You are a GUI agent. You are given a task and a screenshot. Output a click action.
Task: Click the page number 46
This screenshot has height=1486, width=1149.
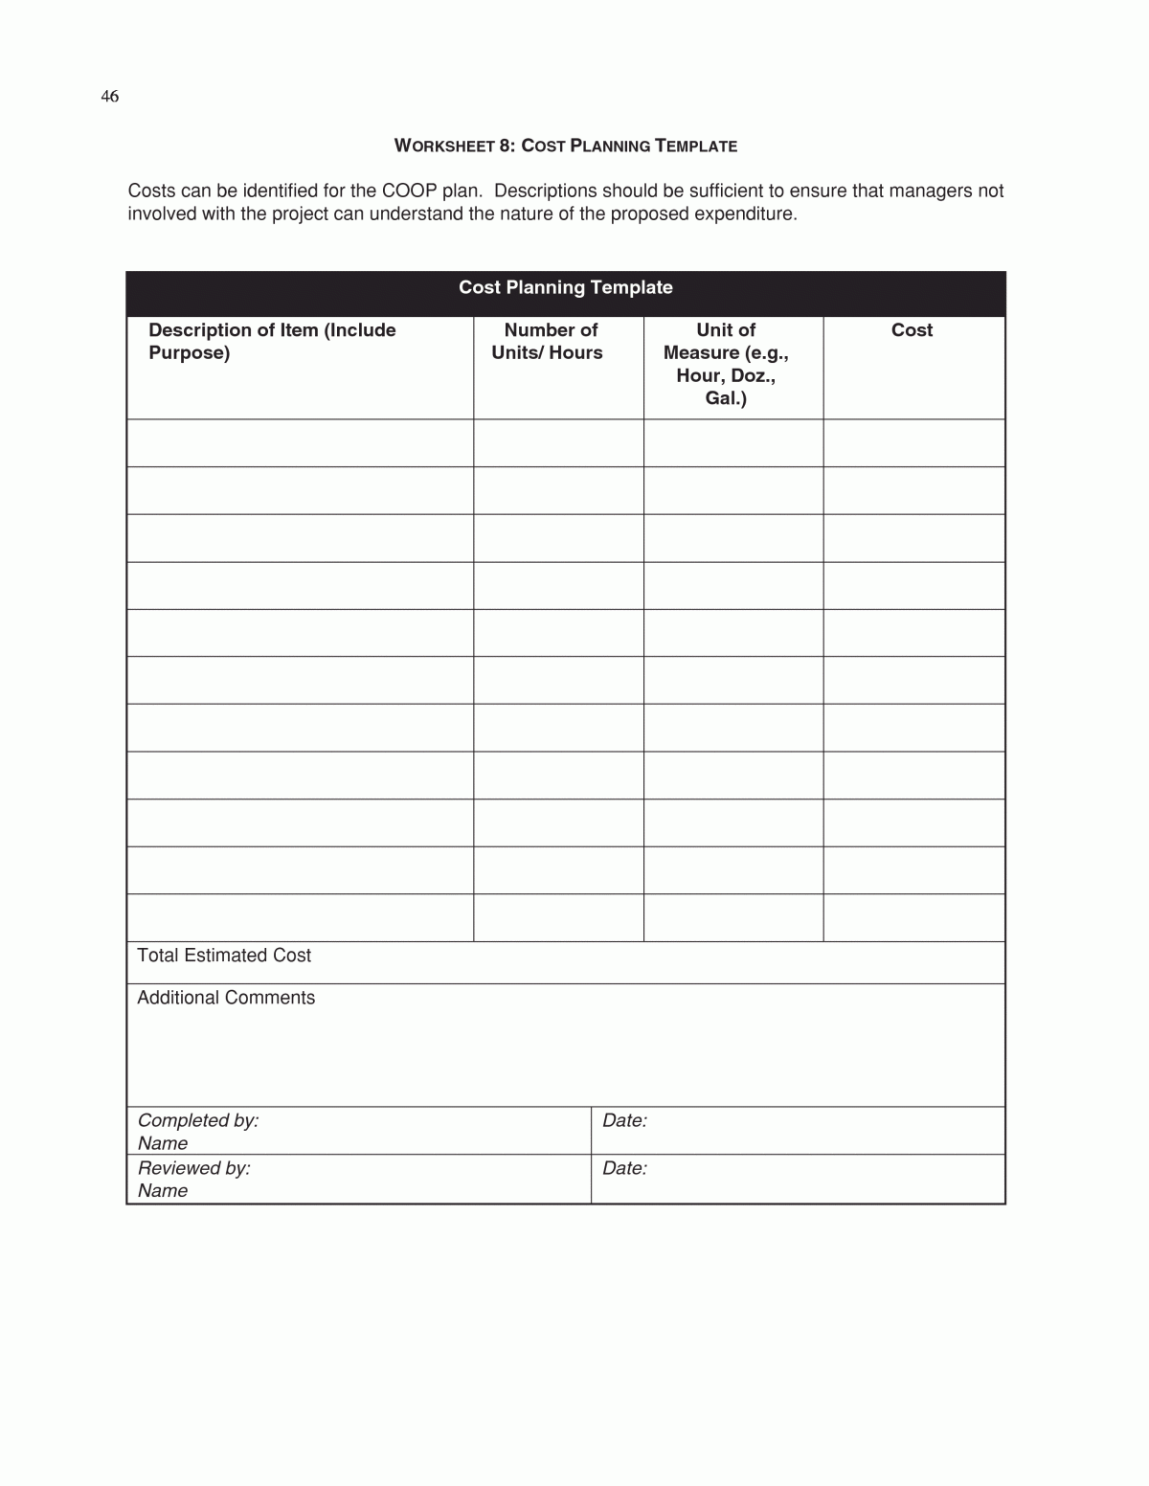click(x=110, y=97)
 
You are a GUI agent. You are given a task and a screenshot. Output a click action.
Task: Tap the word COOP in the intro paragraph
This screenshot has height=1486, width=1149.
click(x=409, y=191)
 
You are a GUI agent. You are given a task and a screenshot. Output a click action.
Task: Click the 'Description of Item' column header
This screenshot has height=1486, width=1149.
click(x=272, y=341)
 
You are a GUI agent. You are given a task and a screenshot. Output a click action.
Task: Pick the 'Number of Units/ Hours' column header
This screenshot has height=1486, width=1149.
click(x=549, y=341)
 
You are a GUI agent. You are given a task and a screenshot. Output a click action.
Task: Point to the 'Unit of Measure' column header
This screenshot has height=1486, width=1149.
click(x=726, y=364)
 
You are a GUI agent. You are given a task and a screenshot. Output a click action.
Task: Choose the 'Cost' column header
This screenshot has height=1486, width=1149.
click(x=912, y=330)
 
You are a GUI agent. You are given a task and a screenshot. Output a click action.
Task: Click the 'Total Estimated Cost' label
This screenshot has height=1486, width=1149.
click(x=224, y=956)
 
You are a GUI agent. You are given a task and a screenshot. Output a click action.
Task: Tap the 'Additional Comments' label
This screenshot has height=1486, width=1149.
click(x=226, y=998)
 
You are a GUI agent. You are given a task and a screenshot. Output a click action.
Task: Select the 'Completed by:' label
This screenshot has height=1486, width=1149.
click(x=198, y=1120)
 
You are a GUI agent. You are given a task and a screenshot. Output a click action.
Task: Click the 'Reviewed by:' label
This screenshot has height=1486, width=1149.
click(x=194, y=1168)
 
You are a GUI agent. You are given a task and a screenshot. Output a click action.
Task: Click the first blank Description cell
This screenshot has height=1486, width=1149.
click(x=300, y=443)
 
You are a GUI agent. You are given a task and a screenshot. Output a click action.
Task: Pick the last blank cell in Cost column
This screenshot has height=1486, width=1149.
click(x=913, y=918)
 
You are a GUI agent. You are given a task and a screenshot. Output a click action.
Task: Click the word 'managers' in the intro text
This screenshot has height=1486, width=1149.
click(x=930, y=191)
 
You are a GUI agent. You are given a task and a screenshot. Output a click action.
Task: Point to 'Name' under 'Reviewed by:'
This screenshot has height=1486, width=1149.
click(x=163, y=1191)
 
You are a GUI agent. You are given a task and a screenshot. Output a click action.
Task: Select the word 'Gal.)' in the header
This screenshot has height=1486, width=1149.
click(x=726, y=398)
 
